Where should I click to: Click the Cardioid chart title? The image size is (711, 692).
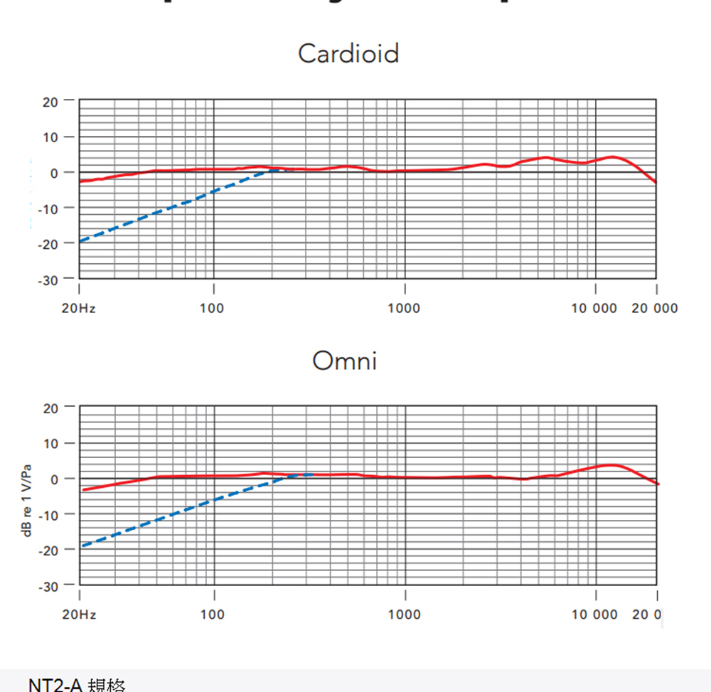click(348, 53)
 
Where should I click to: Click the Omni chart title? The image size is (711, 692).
click(345, 361)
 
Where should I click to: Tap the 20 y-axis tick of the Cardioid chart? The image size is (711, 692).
click(50, 102)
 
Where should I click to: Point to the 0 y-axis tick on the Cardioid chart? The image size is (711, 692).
click(54, 173)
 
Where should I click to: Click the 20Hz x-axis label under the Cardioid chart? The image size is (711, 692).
click(78, 309)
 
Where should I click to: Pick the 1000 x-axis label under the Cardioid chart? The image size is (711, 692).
click(405, 309)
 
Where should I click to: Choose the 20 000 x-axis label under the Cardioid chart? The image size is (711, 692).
click(654, 309)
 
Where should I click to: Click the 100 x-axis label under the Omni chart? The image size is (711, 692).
click(212, 614)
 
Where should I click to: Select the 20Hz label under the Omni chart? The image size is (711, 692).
click(78, 614)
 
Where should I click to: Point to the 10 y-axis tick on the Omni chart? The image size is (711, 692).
click(50, 444)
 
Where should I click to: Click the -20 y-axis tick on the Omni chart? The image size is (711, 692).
click(48, 550)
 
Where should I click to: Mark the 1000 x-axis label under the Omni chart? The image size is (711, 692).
click(405, 614)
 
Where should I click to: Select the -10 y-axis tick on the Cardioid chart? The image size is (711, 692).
click(48, 208)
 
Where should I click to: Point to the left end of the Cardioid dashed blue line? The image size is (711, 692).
click(80, 241)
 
